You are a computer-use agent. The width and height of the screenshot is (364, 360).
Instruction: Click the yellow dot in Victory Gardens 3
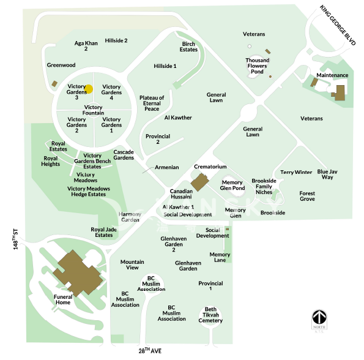click(x=88, y=89)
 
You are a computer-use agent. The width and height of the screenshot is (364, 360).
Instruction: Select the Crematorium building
click(x=199, y=181)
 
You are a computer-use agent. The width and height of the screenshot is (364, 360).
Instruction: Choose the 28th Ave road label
click(x=150, y=351)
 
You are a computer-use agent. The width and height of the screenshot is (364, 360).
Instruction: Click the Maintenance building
click(x=339, y=92)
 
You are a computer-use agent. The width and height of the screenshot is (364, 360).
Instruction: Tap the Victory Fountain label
click(x=93, y=110)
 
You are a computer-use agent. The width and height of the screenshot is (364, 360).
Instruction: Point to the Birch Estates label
click(x=188, y=47)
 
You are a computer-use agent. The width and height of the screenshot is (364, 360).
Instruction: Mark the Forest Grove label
click(x=307, y=196)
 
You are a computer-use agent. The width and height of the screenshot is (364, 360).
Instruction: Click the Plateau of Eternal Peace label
click(x=152, y=103)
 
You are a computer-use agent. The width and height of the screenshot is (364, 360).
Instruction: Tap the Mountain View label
click(x=133, y=264)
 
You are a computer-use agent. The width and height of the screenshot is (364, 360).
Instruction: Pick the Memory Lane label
click(x=220, y=258)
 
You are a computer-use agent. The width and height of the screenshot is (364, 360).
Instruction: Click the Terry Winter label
click(x=296, y=173)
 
